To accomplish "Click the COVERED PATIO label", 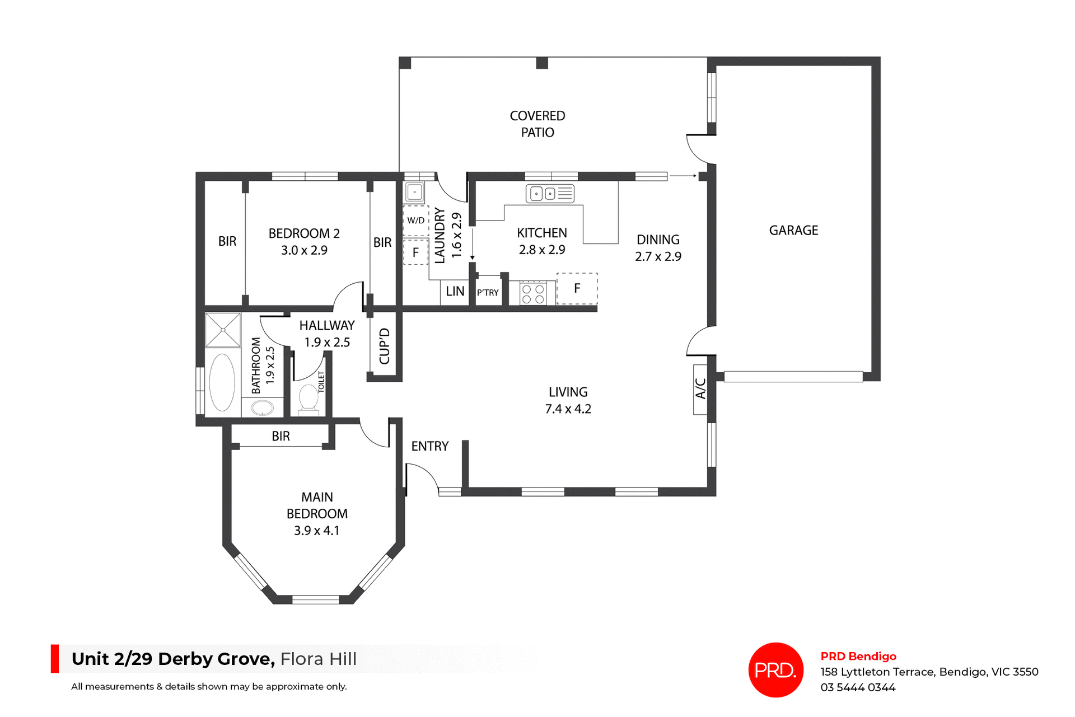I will [x=537, y=124].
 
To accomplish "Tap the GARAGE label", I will [x=793, y=231].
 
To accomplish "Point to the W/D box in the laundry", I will [x=415, y=221].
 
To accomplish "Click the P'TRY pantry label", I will [x=488, y=293].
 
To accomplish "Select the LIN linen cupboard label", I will [x=455, y=292].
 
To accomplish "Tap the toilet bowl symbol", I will [x=309, y=398].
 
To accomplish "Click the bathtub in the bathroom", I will [x=222, y=382].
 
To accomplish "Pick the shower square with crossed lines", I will [x=222, y=330].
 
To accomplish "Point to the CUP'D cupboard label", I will [x=384, y=346].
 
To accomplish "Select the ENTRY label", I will [x=429, y=447].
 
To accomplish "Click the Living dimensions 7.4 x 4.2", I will [x=568, y=409].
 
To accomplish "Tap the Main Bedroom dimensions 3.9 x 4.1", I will [x=316, y=531].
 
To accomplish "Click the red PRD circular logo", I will [x=775, y=669].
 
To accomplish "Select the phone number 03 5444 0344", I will [x=858, y=687].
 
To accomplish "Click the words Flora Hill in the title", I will [x=318, y=659].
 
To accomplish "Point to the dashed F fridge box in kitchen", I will [x=577, y=289].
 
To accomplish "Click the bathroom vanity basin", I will [x=262, y=408].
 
